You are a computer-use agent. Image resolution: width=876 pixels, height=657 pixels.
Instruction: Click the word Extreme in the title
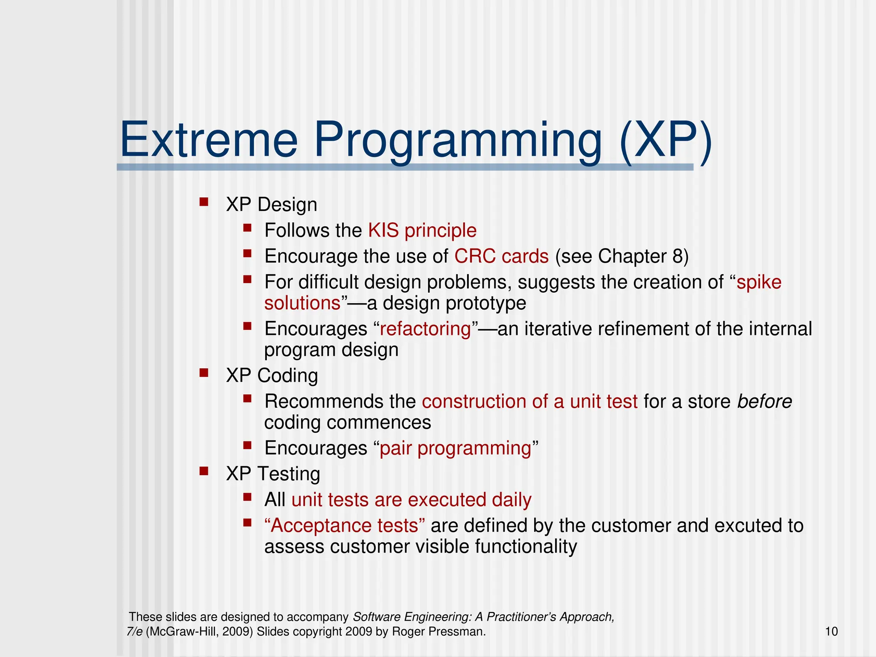pos(209,140)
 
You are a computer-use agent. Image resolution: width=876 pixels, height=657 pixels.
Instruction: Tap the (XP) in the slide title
pos(666,140)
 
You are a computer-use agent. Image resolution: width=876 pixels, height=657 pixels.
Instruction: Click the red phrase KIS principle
pos(422,231)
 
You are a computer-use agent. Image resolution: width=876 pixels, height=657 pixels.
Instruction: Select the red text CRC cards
pos(501,256)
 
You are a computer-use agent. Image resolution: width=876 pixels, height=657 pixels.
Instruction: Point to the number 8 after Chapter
pos(678,256)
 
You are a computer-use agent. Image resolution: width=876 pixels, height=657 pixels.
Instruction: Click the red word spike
pos(759,282)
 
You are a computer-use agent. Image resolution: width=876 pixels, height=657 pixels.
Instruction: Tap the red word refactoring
pos(425,329)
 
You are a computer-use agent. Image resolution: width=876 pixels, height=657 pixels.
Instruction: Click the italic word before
pos(764,402)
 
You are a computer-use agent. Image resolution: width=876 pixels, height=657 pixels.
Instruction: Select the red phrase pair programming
pos(455,448)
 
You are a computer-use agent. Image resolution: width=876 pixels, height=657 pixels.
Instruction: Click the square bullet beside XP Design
pos(204,201)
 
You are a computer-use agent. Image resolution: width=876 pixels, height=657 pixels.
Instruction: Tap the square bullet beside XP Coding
pos(204,373)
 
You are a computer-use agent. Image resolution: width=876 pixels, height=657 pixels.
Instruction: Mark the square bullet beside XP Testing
pos(204,471)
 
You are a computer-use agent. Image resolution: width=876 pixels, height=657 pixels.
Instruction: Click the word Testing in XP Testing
pos(289,474)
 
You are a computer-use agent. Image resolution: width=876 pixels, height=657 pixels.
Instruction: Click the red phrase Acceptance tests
pos(345,526)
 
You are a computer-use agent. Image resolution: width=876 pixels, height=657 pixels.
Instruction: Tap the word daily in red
pos(511,500)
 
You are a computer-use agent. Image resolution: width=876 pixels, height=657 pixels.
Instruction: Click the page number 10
pos(831,631)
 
